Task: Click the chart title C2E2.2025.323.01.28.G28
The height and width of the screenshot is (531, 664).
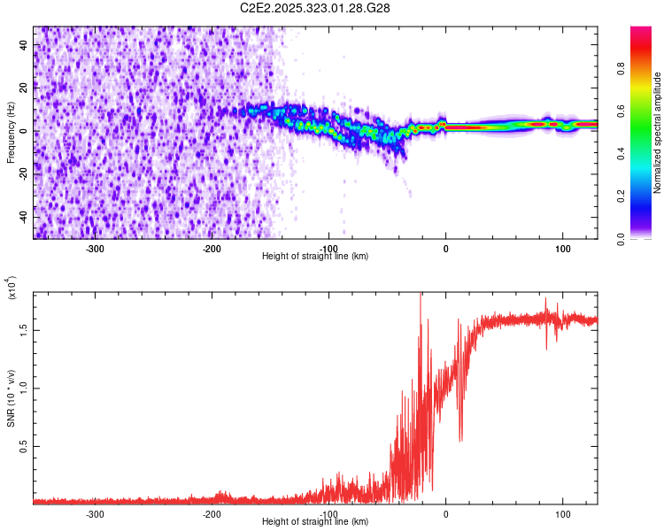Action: (x=315, y=8)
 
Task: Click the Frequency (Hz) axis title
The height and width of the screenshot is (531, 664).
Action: (x=11, y=132)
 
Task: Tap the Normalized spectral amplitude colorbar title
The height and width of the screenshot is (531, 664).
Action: (x=658, y=133)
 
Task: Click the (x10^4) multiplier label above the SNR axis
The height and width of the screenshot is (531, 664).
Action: (x=11, y=289)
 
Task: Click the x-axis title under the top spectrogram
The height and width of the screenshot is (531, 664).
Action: (x=315, y=257)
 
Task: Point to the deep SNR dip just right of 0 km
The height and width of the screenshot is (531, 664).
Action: (x=460, y=439)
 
